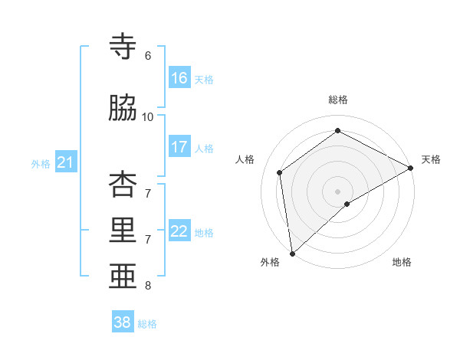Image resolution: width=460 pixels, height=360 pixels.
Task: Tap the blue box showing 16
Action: click(x=179, y=78)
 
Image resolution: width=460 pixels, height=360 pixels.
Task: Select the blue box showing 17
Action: click(x=179, y=147)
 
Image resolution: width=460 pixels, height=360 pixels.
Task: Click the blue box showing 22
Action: click(x=179, y=231)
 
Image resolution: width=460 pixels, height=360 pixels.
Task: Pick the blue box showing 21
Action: click(x=65, y=162)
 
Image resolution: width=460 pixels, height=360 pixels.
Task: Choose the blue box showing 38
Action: click(x=123, y=322)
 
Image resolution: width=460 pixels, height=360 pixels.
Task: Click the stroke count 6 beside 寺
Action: click(x=148, y=56)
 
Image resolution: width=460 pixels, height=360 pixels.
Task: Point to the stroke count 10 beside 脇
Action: click(x=148, y=117)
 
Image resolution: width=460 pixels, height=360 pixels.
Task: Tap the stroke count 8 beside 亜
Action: click(x=148, y=286)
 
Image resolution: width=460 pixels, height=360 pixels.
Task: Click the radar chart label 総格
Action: click(x=337, y=100)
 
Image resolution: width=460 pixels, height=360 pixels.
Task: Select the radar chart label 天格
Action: click(x=431, y=159)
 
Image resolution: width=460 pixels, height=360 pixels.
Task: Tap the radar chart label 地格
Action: click(x=402, y=262)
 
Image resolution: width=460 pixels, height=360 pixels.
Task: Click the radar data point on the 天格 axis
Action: click(x=411, y=167)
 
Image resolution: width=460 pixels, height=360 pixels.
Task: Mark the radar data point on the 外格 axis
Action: click(x=292, y=253)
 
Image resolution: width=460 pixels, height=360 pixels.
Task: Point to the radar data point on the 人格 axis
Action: click(x=280, y=172)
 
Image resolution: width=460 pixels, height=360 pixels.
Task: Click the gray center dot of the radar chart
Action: click(x=337, y=191)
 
